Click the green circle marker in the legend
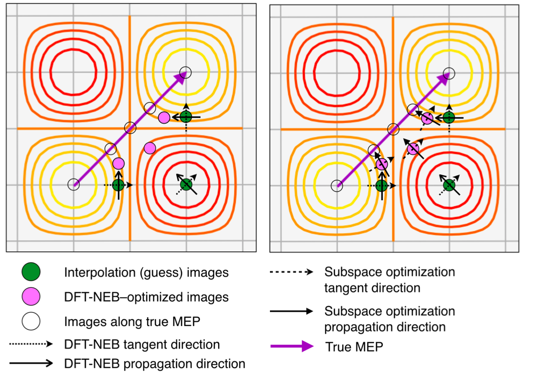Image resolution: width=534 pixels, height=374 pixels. (31, 272)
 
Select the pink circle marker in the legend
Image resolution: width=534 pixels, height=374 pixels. (31, 297)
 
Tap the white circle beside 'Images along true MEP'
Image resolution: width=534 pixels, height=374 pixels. (31, 321)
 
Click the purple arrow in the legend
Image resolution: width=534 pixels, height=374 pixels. (292, 347)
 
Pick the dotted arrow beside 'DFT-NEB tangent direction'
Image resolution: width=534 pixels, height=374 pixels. (31, 344)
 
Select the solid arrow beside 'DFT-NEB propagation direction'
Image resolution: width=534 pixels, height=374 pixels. (31, 363)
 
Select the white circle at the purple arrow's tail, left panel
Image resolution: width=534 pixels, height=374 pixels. (73, 185)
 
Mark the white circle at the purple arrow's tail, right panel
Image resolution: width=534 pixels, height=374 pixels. (336, 186)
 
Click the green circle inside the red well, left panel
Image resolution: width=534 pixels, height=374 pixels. (186, 185)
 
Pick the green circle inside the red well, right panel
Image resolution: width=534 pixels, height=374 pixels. (449, 185)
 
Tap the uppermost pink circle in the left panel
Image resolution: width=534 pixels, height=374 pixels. (164, 117)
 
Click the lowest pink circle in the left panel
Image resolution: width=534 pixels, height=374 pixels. (118, 164)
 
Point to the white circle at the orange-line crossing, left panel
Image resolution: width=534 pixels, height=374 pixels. (130, 128)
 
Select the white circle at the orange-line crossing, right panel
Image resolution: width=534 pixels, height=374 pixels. (393, 129)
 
